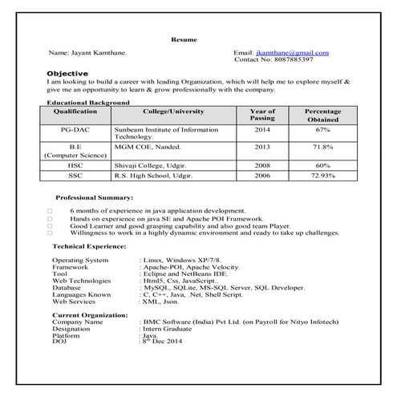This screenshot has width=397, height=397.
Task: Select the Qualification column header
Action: point(75,111)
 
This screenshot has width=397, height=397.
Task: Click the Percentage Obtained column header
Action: point(322,115)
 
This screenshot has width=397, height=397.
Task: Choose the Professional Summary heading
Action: point(94,197)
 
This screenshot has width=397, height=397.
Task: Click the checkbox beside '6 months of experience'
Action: point(50,211)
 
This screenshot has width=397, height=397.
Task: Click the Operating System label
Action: point(80,261)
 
